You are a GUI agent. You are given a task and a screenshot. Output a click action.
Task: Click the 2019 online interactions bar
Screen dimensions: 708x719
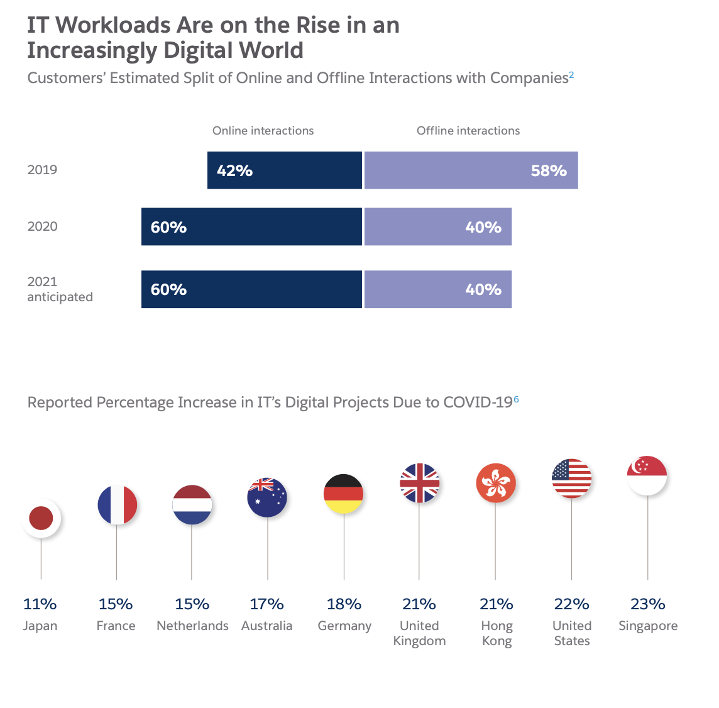(285, 170)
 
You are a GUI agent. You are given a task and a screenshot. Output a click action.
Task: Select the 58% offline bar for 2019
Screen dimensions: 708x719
(471, 170)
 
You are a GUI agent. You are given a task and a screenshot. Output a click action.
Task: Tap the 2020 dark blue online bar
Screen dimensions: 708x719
(251, 227)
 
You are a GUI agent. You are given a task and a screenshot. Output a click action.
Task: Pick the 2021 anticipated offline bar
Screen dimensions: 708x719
(438, 289)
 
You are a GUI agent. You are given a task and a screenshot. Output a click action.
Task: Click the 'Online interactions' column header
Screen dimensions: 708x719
(263, 131)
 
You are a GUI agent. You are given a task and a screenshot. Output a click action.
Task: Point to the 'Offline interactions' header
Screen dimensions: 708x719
(468, 131)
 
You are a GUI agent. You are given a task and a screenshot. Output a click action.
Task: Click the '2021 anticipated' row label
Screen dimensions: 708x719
(60, 289)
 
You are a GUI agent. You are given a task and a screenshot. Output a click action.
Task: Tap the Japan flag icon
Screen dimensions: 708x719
(41, 519)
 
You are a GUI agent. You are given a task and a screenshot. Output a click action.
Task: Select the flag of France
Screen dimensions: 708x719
(117, 505)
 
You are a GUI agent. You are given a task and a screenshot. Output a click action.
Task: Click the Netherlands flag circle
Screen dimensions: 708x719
(192, 505)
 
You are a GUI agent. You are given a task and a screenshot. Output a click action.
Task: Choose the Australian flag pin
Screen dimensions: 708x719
(267, 497)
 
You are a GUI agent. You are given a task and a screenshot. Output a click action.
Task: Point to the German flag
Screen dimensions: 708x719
(343, 494)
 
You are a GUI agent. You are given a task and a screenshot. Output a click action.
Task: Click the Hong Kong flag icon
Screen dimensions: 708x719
(496, 483)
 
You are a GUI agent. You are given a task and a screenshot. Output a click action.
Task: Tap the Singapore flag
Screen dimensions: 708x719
(647, 475)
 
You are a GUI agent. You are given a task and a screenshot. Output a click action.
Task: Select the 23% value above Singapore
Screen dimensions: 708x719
(647, 604)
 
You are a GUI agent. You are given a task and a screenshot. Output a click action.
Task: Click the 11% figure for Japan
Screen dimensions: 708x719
(40, 604)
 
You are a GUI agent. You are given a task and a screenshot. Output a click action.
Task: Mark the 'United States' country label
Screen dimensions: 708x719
(572, 633)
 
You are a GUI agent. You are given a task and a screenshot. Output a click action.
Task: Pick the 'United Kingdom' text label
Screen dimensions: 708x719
(419, 633)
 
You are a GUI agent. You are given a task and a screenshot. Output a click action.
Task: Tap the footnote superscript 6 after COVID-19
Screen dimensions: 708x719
(517, 399)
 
